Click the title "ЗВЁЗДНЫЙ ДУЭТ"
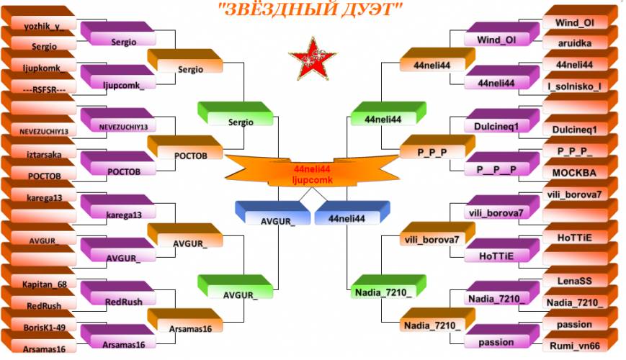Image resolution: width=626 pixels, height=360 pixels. [310, 9]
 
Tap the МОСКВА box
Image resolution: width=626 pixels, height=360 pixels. [580, 168]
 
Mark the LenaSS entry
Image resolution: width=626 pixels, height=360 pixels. [580, 276]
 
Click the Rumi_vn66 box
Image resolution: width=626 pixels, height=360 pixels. [580, 341]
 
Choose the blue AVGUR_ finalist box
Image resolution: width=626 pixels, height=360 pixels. [273, 213]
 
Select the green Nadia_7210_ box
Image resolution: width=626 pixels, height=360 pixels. [388, 287]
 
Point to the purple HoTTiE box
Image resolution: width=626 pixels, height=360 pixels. [502, 251]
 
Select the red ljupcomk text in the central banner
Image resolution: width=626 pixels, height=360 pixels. [312, 180]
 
